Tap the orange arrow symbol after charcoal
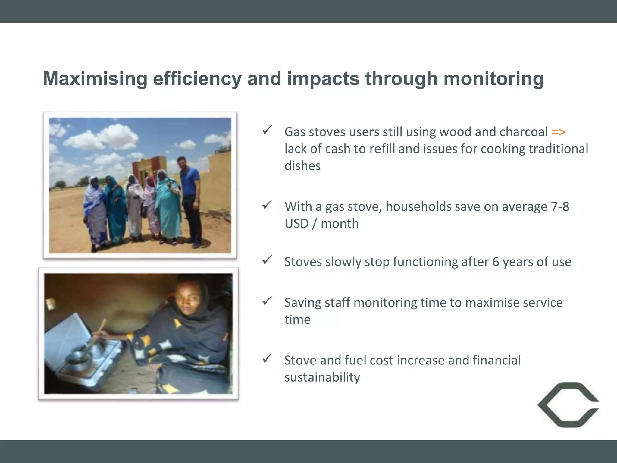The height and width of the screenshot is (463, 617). pyautogui.click(x=558, y=132)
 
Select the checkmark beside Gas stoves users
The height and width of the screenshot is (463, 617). pyautogui.click(x=267, y=130)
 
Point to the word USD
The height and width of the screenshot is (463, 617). pyautogui.click(x=296, y=224)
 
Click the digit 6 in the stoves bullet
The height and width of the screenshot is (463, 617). pyautogui.click(x=496, y=262)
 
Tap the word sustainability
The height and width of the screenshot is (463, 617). pyautogui.click(x=322, y=377)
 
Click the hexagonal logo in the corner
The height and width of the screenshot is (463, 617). pyautogui.click(x=568, y=405)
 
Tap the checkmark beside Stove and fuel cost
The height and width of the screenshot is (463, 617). pyautogui.click(x=267, y=358)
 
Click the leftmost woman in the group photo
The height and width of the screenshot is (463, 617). pyautogui.click(x=95, y=211)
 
